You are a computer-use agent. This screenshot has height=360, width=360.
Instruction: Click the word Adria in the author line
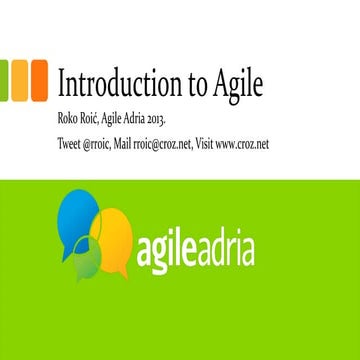157,121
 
